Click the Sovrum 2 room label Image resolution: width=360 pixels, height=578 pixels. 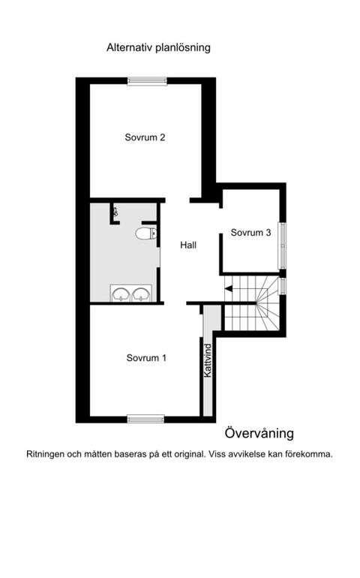coord(145,137)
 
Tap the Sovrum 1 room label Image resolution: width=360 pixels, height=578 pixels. coord(146,357)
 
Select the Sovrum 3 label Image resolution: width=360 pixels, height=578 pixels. coord(250,233)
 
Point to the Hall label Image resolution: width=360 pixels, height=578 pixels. coord(188,245)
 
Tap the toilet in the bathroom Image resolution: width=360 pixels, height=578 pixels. coord(145,234)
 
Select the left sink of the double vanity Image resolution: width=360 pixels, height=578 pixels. coord(121,294)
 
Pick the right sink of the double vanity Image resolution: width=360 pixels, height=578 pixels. coord(140,294)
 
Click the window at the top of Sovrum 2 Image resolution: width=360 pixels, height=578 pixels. coord(145,82)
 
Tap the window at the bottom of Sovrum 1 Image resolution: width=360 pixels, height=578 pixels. coord(145,418)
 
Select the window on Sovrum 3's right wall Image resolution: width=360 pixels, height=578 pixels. coord(283,245)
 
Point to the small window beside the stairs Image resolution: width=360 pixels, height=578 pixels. coord(283,286)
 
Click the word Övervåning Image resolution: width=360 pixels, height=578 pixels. coord(259,433)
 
